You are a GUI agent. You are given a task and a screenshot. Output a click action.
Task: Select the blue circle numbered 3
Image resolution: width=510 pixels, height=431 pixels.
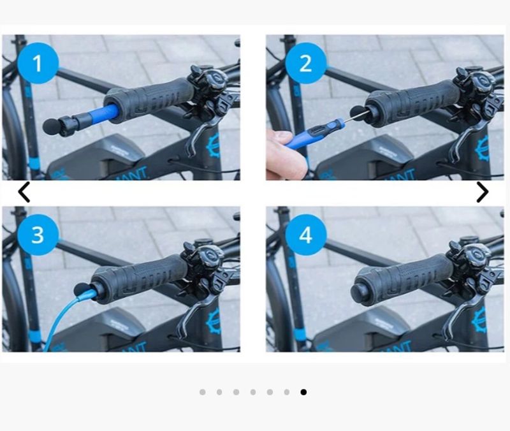point(38,235)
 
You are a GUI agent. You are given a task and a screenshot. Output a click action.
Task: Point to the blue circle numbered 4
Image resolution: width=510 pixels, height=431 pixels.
point(306,235)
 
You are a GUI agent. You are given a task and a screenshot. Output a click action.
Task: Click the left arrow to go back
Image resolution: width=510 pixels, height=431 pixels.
point(24,192)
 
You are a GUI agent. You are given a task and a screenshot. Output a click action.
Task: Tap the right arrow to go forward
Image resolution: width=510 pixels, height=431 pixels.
point(483,192)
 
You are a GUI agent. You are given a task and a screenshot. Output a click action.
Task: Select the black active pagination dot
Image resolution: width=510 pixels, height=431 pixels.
point(303,392)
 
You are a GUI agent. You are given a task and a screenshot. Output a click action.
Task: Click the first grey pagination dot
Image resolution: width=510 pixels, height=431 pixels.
point(203,392)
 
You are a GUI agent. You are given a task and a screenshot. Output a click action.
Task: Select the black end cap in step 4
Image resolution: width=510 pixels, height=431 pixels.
point(360,291)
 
